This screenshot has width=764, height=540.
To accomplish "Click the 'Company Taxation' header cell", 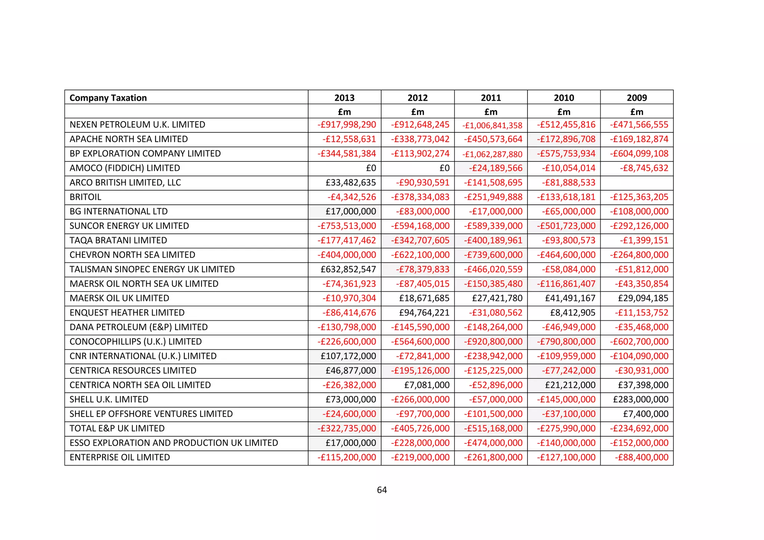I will [108, 98].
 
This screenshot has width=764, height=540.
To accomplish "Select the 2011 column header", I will [491, 98].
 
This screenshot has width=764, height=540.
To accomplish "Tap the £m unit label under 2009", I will [637, 112].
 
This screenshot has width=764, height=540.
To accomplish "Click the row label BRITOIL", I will [85, 197].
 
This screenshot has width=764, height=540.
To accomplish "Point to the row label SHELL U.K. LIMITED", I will [109, 399].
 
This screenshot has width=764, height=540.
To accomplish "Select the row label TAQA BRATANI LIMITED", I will [118, 241].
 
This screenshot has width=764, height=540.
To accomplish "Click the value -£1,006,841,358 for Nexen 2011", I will [492, 126].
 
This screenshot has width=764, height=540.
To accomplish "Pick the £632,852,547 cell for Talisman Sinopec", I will [348, 269].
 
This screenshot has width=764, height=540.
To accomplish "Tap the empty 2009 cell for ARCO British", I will [637, 183].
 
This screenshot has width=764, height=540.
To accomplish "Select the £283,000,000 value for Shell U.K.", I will [641, 399].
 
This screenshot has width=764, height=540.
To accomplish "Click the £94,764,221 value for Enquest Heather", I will [424, 313].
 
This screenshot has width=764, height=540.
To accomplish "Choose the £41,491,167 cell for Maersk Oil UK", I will [570, 298].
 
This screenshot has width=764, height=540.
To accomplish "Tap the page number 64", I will [382, 490].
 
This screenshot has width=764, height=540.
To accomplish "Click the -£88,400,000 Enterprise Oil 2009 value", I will [642, 457].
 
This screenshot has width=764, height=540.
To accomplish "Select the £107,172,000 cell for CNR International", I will [348, 356].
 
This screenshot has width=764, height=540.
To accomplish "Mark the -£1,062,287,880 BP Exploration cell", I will [492, 154].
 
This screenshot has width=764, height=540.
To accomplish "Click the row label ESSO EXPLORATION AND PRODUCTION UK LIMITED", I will [174, 443].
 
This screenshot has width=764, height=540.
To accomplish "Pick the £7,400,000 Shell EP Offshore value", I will [645, 414].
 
